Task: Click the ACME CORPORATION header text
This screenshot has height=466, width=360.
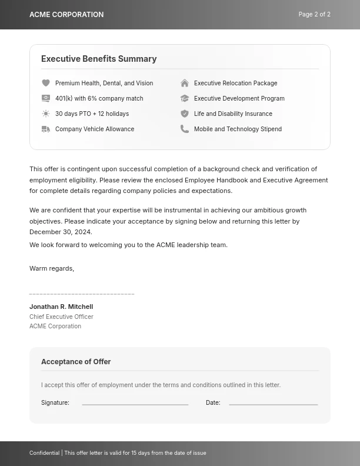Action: (x=66, y=15)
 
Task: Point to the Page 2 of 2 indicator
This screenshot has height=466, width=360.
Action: (x=314, y=15)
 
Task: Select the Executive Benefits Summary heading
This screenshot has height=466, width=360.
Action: (x=99, y=59)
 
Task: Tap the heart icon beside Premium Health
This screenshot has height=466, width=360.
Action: (x=46, y=84)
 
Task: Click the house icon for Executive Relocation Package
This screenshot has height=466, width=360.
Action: (x=185, y=84)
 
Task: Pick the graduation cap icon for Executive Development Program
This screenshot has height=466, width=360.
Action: (x=185, y=99)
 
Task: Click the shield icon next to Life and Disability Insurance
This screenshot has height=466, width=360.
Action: (x=185, y=114)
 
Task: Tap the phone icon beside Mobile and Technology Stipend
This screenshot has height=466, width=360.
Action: (x=185, y=129)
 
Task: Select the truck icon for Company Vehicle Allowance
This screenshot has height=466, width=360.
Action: (x=46, y=129)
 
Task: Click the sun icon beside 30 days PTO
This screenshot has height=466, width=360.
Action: (x=46, y=114)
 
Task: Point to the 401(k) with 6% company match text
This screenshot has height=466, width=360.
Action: (x=99, y=99)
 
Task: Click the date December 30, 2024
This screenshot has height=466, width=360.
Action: (x=61, y=232)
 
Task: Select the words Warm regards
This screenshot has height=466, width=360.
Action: (x=52, y=268)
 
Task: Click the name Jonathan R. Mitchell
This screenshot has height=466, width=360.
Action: (x=61, y=307)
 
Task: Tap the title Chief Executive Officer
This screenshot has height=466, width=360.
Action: (x=61, y=317)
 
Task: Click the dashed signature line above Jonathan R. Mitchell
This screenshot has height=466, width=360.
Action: (x=82, y=294)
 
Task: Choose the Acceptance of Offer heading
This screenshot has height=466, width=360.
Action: (x=76, y=362)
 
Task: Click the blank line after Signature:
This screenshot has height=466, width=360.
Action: (x=135, y=404)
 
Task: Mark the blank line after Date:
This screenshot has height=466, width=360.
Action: (x=274, y=404)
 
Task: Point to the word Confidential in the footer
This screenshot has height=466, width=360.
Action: (x=45, y=453)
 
